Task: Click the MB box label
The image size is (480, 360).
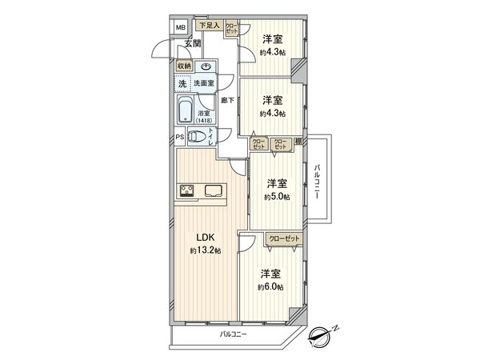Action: tap(180, 26)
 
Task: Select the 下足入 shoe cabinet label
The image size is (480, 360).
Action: tap(210, 26)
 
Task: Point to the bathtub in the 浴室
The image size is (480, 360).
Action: tap(184, 110)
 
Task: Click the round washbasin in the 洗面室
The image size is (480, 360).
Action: tap(206, 68)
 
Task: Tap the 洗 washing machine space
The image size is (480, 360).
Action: tap(182, 83)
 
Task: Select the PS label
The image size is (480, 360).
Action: tap(180, 137)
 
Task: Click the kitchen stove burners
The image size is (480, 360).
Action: tap(186, 190)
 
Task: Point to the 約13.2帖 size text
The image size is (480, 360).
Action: tap(206, 251)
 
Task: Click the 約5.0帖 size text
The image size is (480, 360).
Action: tap(278, 197)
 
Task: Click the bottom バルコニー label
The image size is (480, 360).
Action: tap(234, 333)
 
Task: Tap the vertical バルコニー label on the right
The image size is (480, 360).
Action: tap(318, 182)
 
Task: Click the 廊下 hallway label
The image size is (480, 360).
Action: tap(227, 100)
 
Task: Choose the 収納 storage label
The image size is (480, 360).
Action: tap(185, 68)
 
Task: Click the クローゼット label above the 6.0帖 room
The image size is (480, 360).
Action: tap(284, 239)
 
